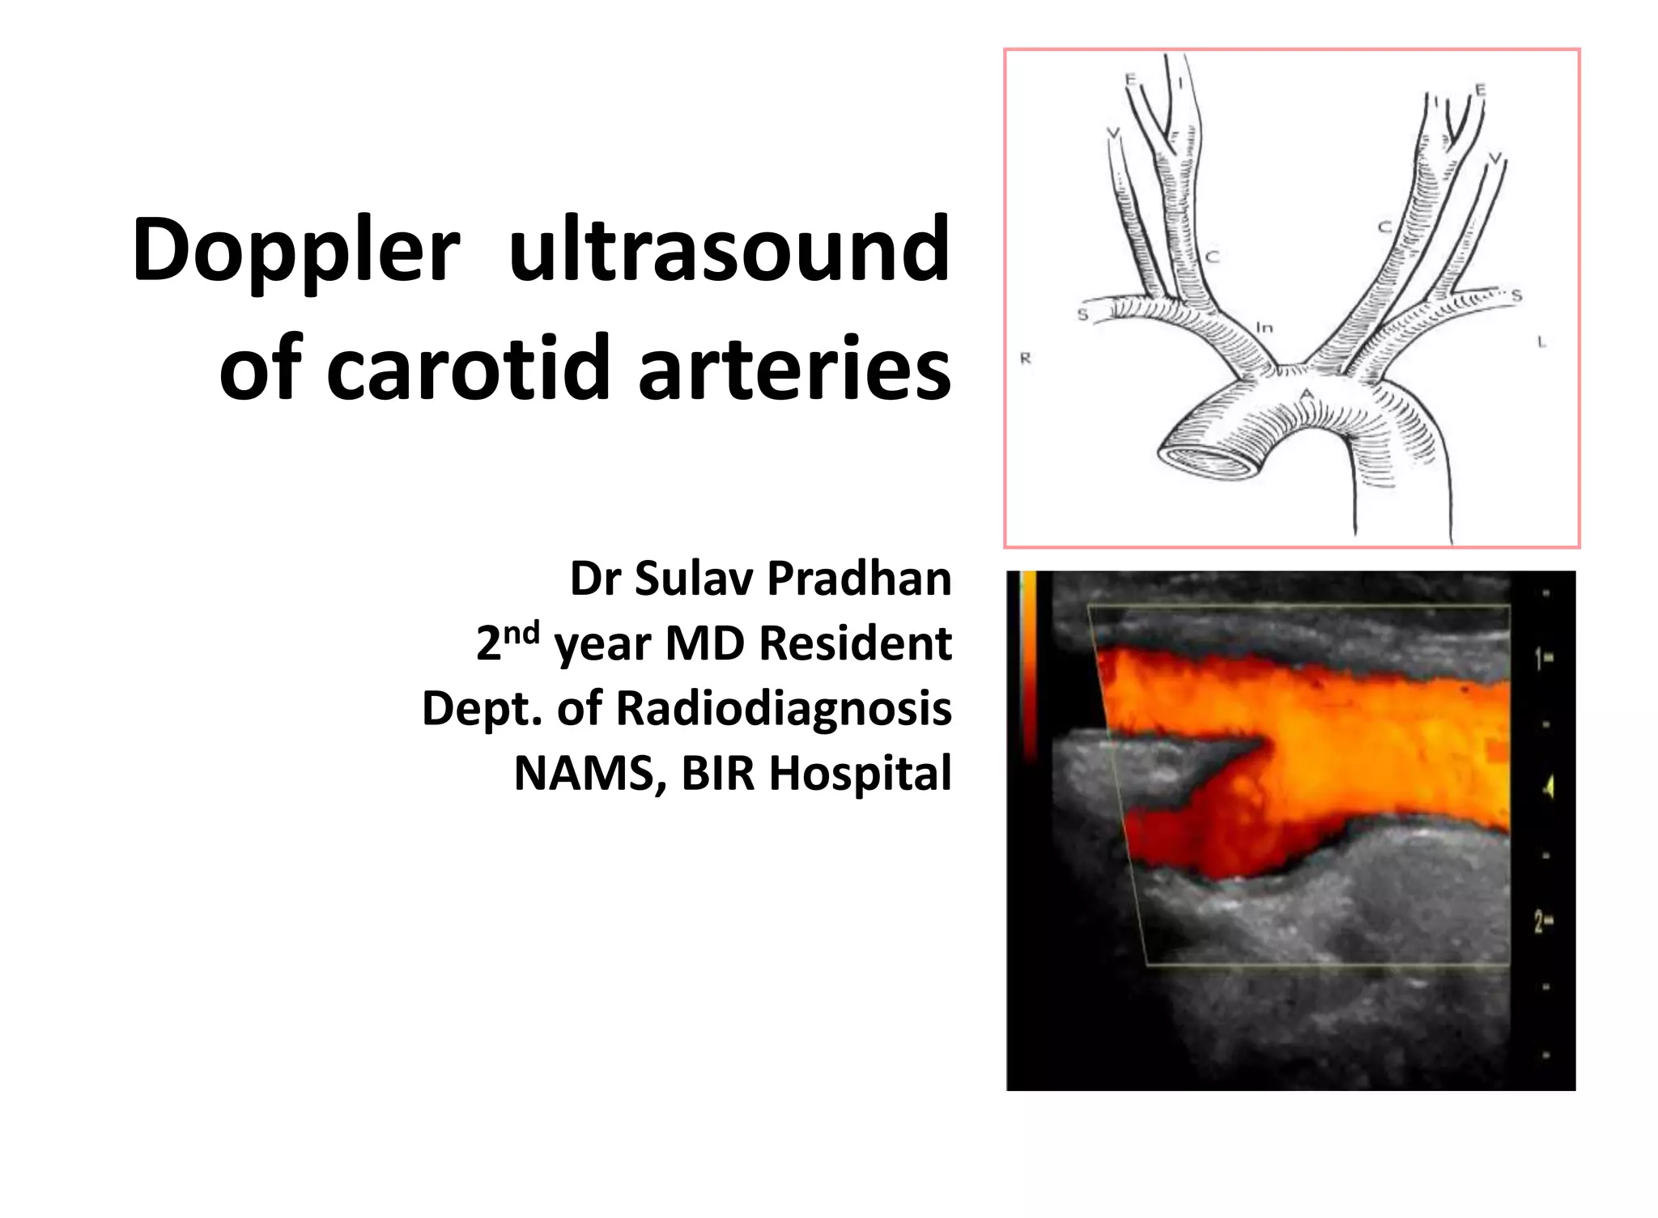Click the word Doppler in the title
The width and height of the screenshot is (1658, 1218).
point(295,251)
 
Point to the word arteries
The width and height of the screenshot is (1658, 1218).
point(794,368)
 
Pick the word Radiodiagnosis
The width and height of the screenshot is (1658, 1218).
point(783,709)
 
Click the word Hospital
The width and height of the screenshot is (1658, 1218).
point(860,774)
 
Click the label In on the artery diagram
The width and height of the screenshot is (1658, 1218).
point(1264,328)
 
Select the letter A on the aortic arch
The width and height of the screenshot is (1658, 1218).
point(1305,395)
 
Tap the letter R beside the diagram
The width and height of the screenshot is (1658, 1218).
point(1025,358)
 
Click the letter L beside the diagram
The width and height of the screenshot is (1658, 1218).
point(1541,342)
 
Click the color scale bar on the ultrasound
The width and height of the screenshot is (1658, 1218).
point(1029,664)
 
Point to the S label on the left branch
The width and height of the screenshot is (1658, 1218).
point(1082,314)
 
